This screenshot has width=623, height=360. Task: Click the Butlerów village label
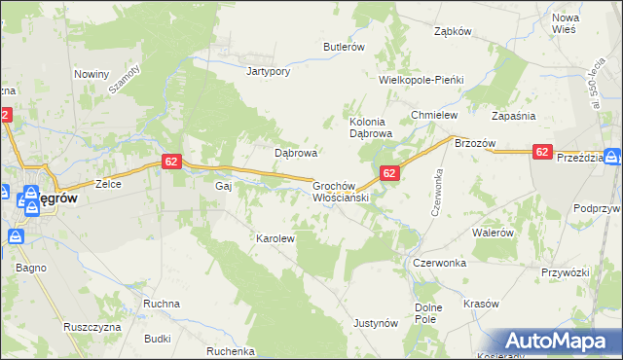(x=344, y=47)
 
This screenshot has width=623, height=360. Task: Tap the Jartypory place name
(x=270, y=71)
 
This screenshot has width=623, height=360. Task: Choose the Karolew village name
(x=275, y=237)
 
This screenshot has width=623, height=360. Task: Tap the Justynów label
(x=376, y=322)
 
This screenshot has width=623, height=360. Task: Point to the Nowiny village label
(x=91, y=74)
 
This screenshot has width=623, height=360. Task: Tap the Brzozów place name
(x=475, y=143)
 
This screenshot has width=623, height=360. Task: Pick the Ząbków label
(x=453, y=30)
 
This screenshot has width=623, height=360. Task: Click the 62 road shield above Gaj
(x=170, y=162)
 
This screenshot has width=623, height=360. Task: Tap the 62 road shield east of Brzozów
(x=543, y=152)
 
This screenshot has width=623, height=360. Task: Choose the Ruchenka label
(x=231, y=351)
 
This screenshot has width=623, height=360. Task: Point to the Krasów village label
(x=481, y=304)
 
